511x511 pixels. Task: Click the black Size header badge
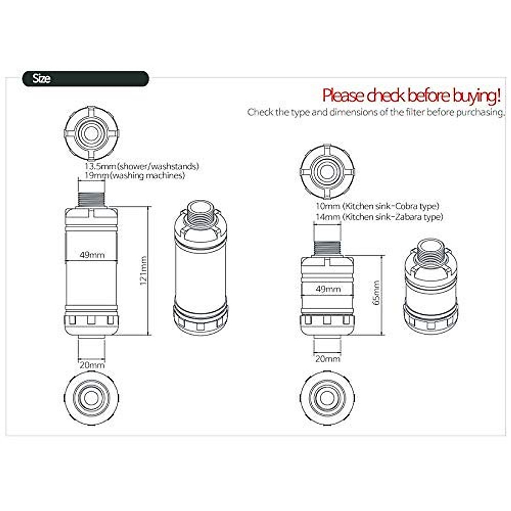[85, 79]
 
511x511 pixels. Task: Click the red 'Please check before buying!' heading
[411, 95]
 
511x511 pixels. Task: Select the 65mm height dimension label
[376, 293]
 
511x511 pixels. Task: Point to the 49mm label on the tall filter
[92, 255]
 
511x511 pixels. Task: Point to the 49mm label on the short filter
[328, 289]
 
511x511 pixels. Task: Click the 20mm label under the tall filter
[92, 365]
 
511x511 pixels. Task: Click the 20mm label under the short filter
[327, 359]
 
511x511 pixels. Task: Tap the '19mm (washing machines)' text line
[135, 175]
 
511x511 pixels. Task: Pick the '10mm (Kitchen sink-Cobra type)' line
[376, 206]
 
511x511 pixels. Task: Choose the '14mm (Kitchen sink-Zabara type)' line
[379, 217]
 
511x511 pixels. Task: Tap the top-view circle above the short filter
[327, 173]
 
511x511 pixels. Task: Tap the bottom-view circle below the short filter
[327, 397]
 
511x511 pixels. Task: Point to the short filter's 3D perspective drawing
[431, 287]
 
